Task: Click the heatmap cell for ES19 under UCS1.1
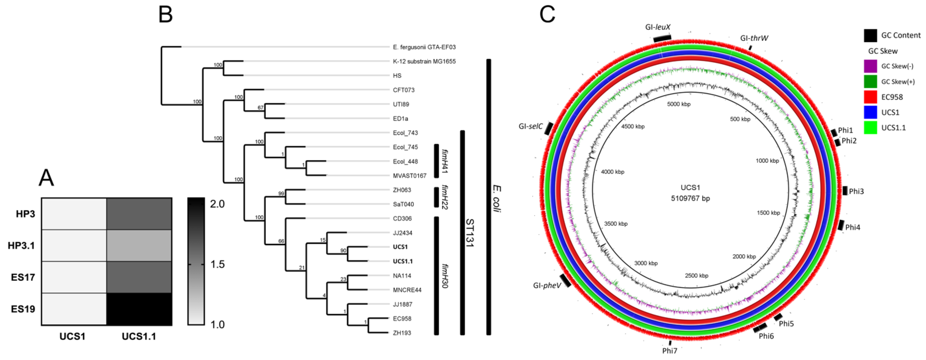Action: (x=139, y=309)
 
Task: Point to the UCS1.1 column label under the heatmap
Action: (x=139, y=337)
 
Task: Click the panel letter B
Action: (x=166, y=15)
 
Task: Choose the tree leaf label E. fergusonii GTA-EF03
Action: (x=424, y=47)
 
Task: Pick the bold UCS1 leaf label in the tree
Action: (x=400, y=247)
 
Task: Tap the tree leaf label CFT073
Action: (x=404, y=90)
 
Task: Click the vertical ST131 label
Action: (x=470, y=233)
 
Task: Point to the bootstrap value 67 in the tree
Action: (x=261, y=107)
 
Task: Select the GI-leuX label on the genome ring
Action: (x=658, y=27)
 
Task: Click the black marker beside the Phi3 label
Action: (x=844, y=191)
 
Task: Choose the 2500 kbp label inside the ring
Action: (x=696, y=276)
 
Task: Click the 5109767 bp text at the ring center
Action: (x=690, y=198)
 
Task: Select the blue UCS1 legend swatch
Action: (x=870, y=112)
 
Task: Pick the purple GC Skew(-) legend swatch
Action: (x=870, y=66)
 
